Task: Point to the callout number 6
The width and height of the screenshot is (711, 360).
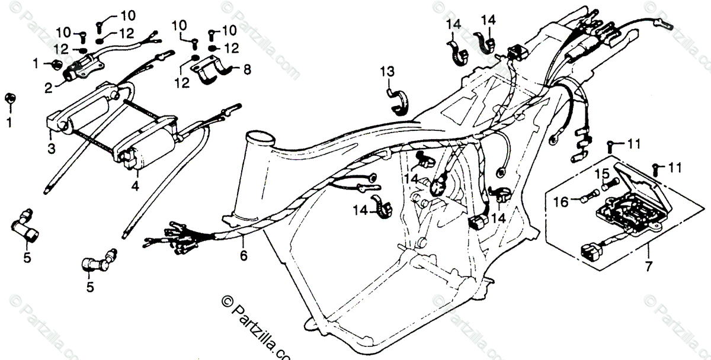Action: (244, 256)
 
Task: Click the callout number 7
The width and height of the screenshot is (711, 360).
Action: (648, 266)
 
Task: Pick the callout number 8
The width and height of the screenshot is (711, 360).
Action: (246, 70)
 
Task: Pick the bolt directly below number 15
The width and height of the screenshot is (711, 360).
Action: (607, 185)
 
